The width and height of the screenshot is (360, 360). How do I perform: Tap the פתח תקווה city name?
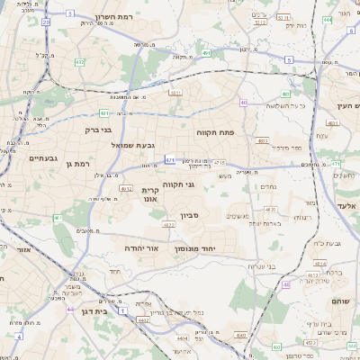[215, 132]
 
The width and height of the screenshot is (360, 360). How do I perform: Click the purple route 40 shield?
[244, 103]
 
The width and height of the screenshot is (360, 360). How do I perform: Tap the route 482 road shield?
[80, 62]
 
